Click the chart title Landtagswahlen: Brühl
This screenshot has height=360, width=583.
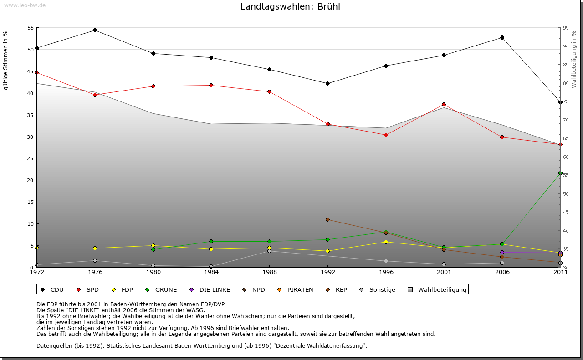[290, 7]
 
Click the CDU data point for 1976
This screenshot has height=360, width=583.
[95, 30]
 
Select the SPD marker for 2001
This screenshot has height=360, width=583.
[444, 105]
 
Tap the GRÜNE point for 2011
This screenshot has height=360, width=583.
[560, 173]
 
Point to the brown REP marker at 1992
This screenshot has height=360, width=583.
[327, 219]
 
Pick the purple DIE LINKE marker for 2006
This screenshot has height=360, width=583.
[502, 252]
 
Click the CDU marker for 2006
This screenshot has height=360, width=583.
[502, 37]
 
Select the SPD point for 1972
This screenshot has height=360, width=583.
[36, 72]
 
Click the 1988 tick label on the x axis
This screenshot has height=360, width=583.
[269, 272]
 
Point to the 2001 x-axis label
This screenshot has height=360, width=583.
[444, 272]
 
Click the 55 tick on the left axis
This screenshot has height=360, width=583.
[31, 28]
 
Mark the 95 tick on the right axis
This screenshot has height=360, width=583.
[565, 28]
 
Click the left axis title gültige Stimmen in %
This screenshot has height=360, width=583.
[5, 60]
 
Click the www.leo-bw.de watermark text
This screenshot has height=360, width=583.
[25, 5]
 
